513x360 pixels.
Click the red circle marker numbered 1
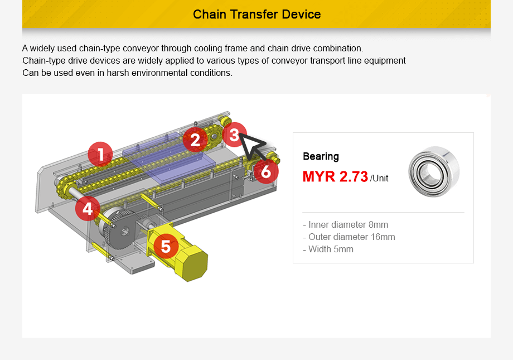point(100,154)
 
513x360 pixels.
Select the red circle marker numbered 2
point(195,140)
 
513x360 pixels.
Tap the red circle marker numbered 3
point(234,134)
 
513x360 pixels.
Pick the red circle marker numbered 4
point(88,209)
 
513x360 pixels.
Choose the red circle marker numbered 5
point(166,246)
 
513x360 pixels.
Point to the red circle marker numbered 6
point(266,172)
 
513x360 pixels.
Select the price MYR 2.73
point(335,177)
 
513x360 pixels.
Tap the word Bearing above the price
point(321,156)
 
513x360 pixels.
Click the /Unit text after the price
point(379,179)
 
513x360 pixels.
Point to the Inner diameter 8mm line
point(345,224)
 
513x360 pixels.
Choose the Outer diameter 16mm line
point(349,237)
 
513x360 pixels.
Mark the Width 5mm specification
point(328,249)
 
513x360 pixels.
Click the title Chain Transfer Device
point(256,14)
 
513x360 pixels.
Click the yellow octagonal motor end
point(191,262)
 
